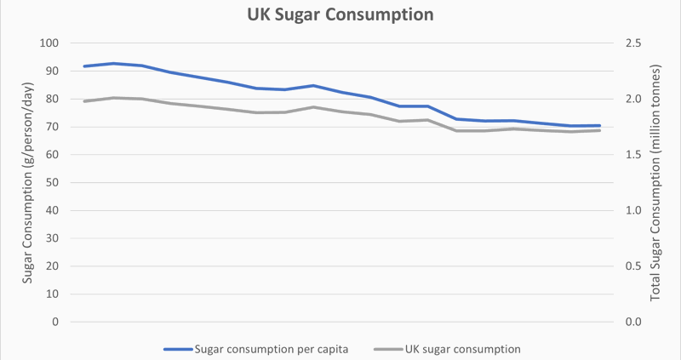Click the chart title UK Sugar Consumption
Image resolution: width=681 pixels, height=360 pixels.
(x=340, y=15)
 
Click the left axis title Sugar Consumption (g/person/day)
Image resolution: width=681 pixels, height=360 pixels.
(x=27, y=182)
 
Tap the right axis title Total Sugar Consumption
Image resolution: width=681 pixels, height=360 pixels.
(x=656, y=182)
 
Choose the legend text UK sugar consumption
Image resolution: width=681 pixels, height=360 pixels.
(x=466, y=349)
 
